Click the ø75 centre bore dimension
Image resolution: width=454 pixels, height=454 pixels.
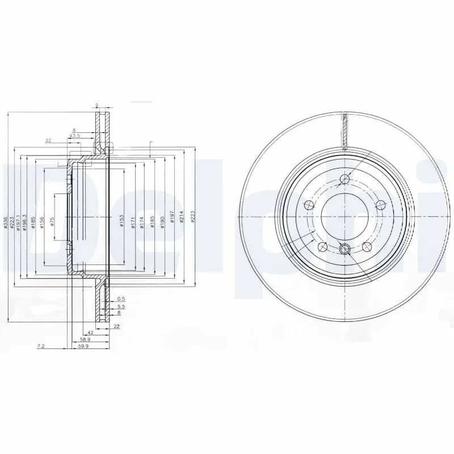tap(52, 221)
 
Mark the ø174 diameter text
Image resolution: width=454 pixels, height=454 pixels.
tap(143, 223)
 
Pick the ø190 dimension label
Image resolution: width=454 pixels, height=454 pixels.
tap(162, 223)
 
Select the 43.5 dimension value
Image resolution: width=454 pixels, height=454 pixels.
tap(74, 136)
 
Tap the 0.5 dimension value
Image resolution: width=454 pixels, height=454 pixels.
tap(120, 299)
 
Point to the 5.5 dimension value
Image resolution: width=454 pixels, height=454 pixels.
tap(120, 306)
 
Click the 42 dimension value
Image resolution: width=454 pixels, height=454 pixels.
tap(90, 333)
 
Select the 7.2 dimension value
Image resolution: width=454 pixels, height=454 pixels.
tap(40, 345)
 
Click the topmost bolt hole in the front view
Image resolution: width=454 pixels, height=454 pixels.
tap(344, 180)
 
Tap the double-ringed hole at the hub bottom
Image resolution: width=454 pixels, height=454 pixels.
tap(344, 248)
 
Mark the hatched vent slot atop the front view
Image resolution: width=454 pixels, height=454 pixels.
tap(344, 130)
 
